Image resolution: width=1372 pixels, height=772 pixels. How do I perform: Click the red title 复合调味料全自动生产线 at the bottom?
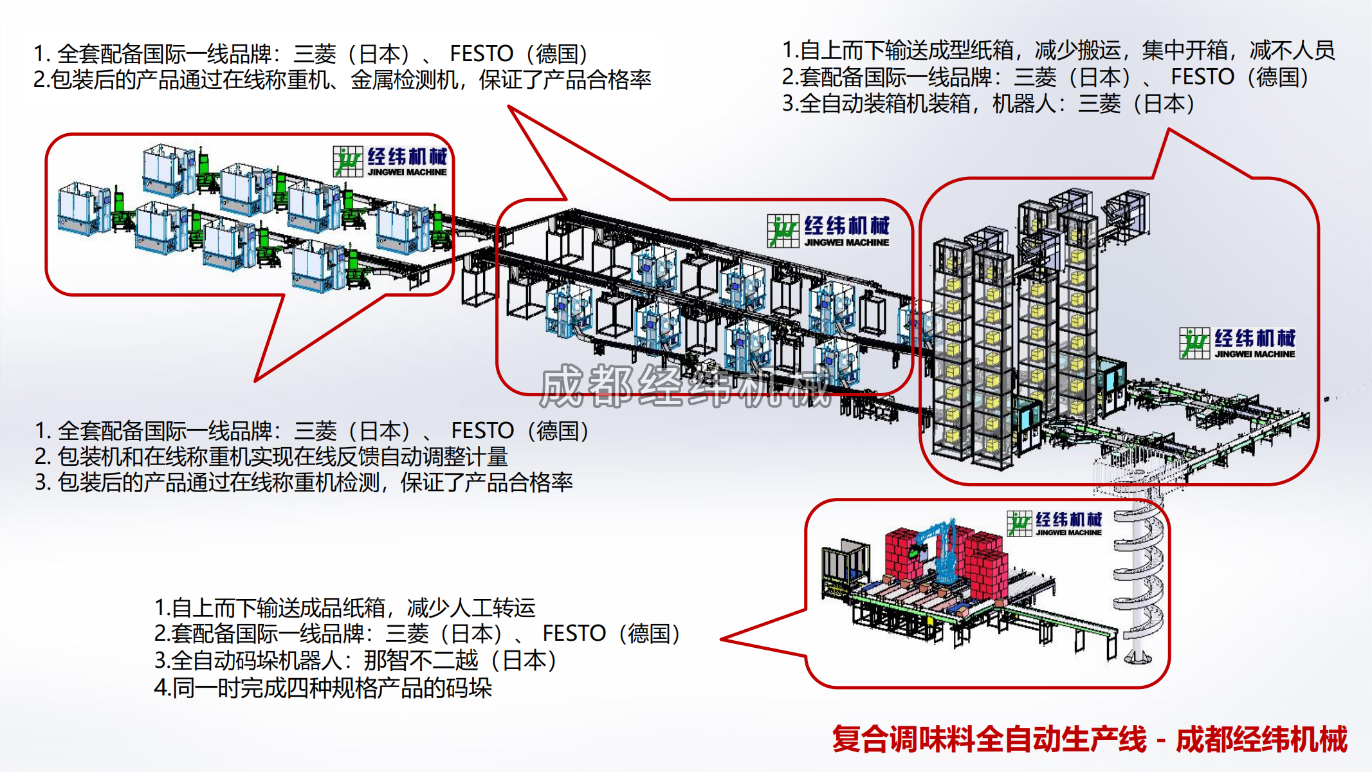pyautogui.click(x=989, y=739)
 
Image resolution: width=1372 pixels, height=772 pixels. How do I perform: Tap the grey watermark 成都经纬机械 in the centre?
pyautogui.click(x=685, y=386)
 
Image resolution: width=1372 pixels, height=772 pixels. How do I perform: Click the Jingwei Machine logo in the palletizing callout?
pyautogui.click(x=1054, y=524)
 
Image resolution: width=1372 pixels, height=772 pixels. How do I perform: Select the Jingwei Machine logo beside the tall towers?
pyautogui.click(x=1237, y=343)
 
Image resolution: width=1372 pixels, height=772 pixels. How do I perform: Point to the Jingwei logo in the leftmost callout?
pyautogui.click(x=390, y=161)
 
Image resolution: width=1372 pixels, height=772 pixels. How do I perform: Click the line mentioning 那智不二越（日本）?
pyautogui.click(x=356, y=661)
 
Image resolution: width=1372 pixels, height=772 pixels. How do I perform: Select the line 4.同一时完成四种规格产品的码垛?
pyautogui.click(x=323, y=688)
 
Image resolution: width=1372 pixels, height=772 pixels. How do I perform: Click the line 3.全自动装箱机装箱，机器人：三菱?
pyautogui.click(x=988, y=104)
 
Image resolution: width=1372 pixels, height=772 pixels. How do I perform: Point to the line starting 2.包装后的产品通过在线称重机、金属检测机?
pyautogui.click(x=342, y=80)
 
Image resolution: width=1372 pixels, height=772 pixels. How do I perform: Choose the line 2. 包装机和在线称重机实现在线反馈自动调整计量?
pyautogui.click(x=271, y=457)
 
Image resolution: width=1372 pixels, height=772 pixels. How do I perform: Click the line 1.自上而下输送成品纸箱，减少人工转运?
pyautogui.click(x=345, y=607)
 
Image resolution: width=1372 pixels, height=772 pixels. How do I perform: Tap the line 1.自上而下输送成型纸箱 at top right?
pyautogui.click(x=1058, y=50)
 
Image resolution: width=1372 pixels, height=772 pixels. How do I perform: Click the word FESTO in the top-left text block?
pyautogui.click(x=481, y=53)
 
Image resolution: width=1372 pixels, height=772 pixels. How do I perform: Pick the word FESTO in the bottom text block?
pyautogui.click(x=574, y=634)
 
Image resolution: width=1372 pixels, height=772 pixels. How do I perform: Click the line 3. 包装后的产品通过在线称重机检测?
pyautogui.click(x=304, y=482)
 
